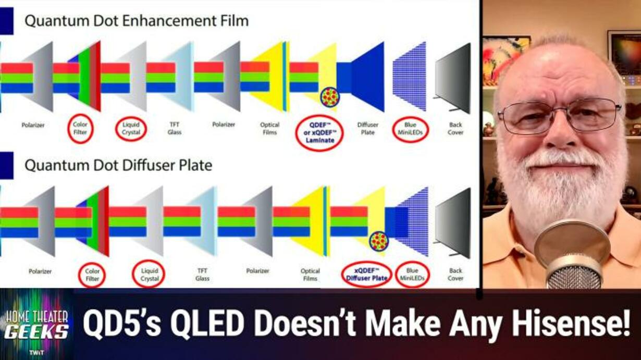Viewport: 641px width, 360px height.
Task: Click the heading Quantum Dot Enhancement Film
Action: (x=137, y=21)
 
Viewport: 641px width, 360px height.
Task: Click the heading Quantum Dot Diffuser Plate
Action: (x=118, y=165)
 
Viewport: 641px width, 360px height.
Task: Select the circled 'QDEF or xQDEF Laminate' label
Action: (x=319, y=132)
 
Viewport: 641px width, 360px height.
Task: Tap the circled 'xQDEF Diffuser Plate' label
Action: (x=366, y=274)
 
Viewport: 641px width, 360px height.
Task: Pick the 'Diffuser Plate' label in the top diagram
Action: (x=368, y=129)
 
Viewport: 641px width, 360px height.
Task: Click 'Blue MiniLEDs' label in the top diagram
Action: (x=410, y=129)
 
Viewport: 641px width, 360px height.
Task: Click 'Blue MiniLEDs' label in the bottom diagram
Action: (x=412, y=274)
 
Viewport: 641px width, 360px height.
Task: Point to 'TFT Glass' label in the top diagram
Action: (x=174, y=128)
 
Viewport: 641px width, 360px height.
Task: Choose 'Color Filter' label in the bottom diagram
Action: (x=92, y=275)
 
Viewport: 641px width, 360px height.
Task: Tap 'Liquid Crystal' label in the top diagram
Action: (x=131, y=129)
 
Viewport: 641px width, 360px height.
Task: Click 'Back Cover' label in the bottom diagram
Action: (x=455, y=274)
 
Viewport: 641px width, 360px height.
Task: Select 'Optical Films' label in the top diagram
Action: (x=269, y=129)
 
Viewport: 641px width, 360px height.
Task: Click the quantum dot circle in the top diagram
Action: (x=330, y=97)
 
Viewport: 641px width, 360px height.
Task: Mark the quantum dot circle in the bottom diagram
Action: (x=378, y=241)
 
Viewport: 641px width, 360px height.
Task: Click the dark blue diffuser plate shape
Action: (x=361, y=77)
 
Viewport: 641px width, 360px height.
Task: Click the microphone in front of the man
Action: (x=572, y=255)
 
